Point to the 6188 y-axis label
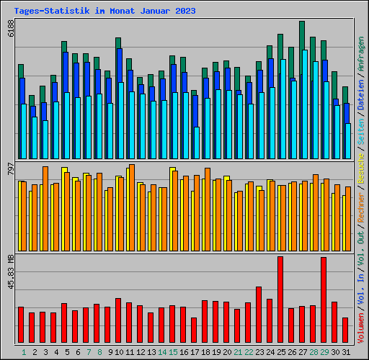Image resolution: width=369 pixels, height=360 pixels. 11,29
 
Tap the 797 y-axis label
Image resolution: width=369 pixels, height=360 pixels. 11,171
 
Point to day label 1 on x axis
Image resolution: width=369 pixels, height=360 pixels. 24,352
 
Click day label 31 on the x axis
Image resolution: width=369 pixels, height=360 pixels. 345,352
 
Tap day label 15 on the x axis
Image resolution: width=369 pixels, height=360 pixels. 173,352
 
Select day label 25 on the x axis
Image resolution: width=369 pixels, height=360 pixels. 280,352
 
